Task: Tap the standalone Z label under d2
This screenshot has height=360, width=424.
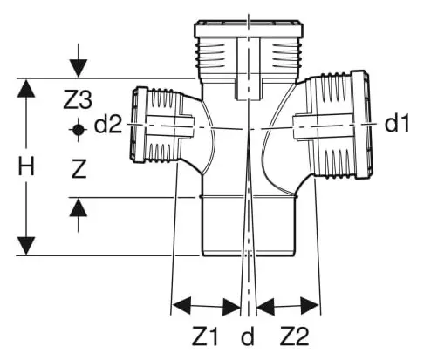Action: click(x=78, y=171)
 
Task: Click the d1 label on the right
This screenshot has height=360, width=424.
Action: click(x=397, y=125)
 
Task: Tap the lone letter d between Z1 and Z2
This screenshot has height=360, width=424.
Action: click(x=248, y=336)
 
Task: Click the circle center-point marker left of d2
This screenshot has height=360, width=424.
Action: click(x=78, y=128)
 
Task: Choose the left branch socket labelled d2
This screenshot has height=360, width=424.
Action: click(x=157, y=126)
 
